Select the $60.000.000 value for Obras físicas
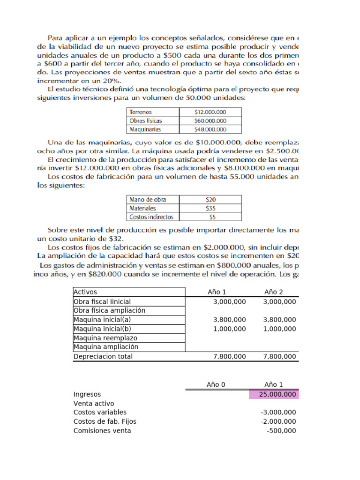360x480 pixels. [x=210, y=121]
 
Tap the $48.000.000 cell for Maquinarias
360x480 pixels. [x=210, y=129]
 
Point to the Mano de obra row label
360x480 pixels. [x=148, y=200]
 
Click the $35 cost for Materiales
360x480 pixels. [x=210, y=208]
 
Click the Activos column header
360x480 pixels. [x=85, y=292]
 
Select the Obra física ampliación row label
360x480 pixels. [x=110, y=310]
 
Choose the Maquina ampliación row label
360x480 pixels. [x=106, y=347]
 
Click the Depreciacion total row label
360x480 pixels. [x=103, y=356]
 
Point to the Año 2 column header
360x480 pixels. [x=274, y=292]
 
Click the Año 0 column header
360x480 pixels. [x=216, y=385]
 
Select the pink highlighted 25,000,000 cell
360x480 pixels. [x=273, y=394]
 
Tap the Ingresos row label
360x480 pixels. [x=87, y=394]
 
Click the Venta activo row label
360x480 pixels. [x=94, y=403]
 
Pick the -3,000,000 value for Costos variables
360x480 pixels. [x=278, y=412]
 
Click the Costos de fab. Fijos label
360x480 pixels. [x=105, y=421]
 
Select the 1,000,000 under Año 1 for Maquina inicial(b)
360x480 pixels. [x=229, y=329]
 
